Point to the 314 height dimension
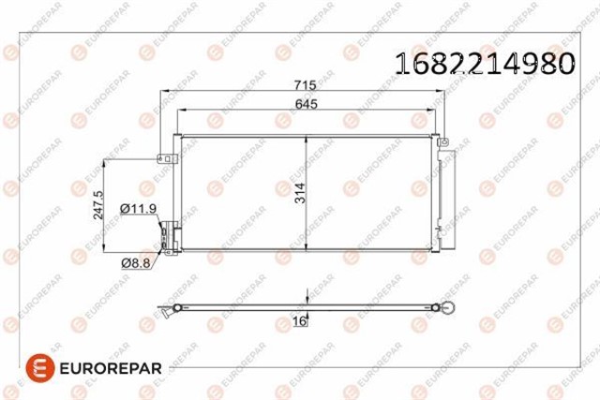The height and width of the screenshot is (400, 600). click(x=299, y=195)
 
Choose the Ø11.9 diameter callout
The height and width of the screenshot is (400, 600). click(x=138, y=207)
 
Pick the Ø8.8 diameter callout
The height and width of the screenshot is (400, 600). click(x=137, y=263)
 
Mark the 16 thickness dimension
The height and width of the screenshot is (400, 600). click(x=300, y=321)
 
